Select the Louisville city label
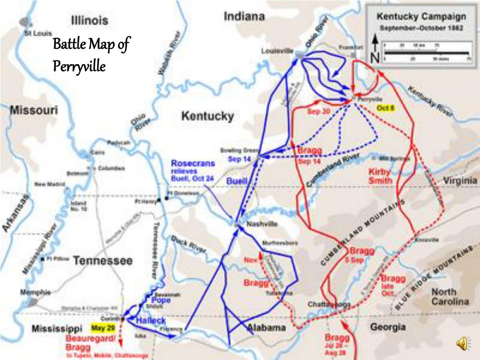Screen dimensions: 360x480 click(x=277, y=51)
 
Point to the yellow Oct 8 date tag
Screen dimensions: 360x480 click(x=386, y=108)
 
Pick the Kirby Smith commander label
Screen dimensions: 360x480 click(x=380, y=176)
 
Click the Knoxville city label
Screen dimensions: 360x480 click(x=427, y=240)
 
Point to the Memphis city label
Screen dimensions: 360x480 click(x=35, y=292)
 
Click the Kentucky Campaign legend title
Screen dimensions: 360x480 click(x=421, y=17)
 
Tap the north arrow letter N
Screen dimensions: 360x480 click(x=375, y=58)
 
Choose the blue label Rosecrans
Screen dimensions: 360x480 click(x=193, y=164)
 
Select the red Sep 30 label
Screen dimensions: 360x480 click(x=319, y=112)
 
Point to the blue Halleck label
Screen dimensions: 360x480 click(x=150, y=321)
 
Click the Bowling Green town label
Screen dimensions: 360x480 click(x=240, y=150)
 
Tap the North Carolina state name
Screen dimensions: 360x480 click(x=450, y=296)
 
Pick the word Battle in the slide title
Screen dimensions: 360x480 click(x=68, y=45)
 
